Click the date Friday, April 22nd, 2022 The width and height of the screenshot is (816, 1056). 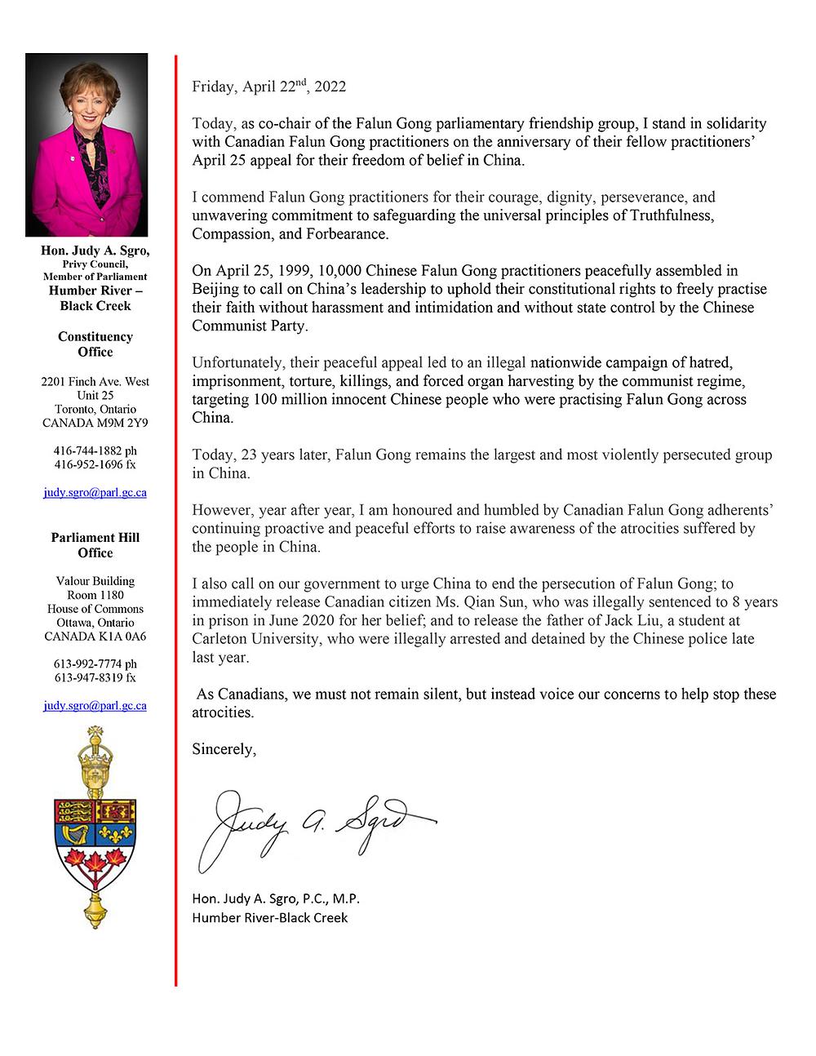pyautogui.click(x=268, y=87)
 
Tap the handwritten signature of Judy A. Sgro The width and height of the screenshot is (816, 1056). pyautogui.click(x=314, y=825)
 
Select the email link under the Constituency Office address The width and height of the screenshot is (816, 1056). pyautogui.click(x=95, y=493)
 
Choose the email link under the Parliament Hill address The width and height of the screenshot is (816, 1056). pyautogui.click(x=95, y=705)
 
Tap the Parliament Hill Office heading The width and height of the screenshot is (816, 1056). pyautogui.click(x=95, y=545)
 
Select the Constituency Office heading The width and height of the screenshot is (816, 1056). pyautogui.click(x=95, y=344)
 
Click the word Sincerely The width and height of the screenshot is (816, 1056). pyautogui.click(x=224, y=749)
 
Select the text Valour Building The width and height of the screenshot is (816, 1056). pyautogui.click(x=95, y=581)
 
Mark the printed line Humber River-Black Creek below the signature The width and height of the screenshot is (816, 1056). pyautogui.click(x=270, y=917)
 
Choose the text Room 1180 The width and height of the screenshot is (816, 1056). pyautogui.click(x=95, y=595)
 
